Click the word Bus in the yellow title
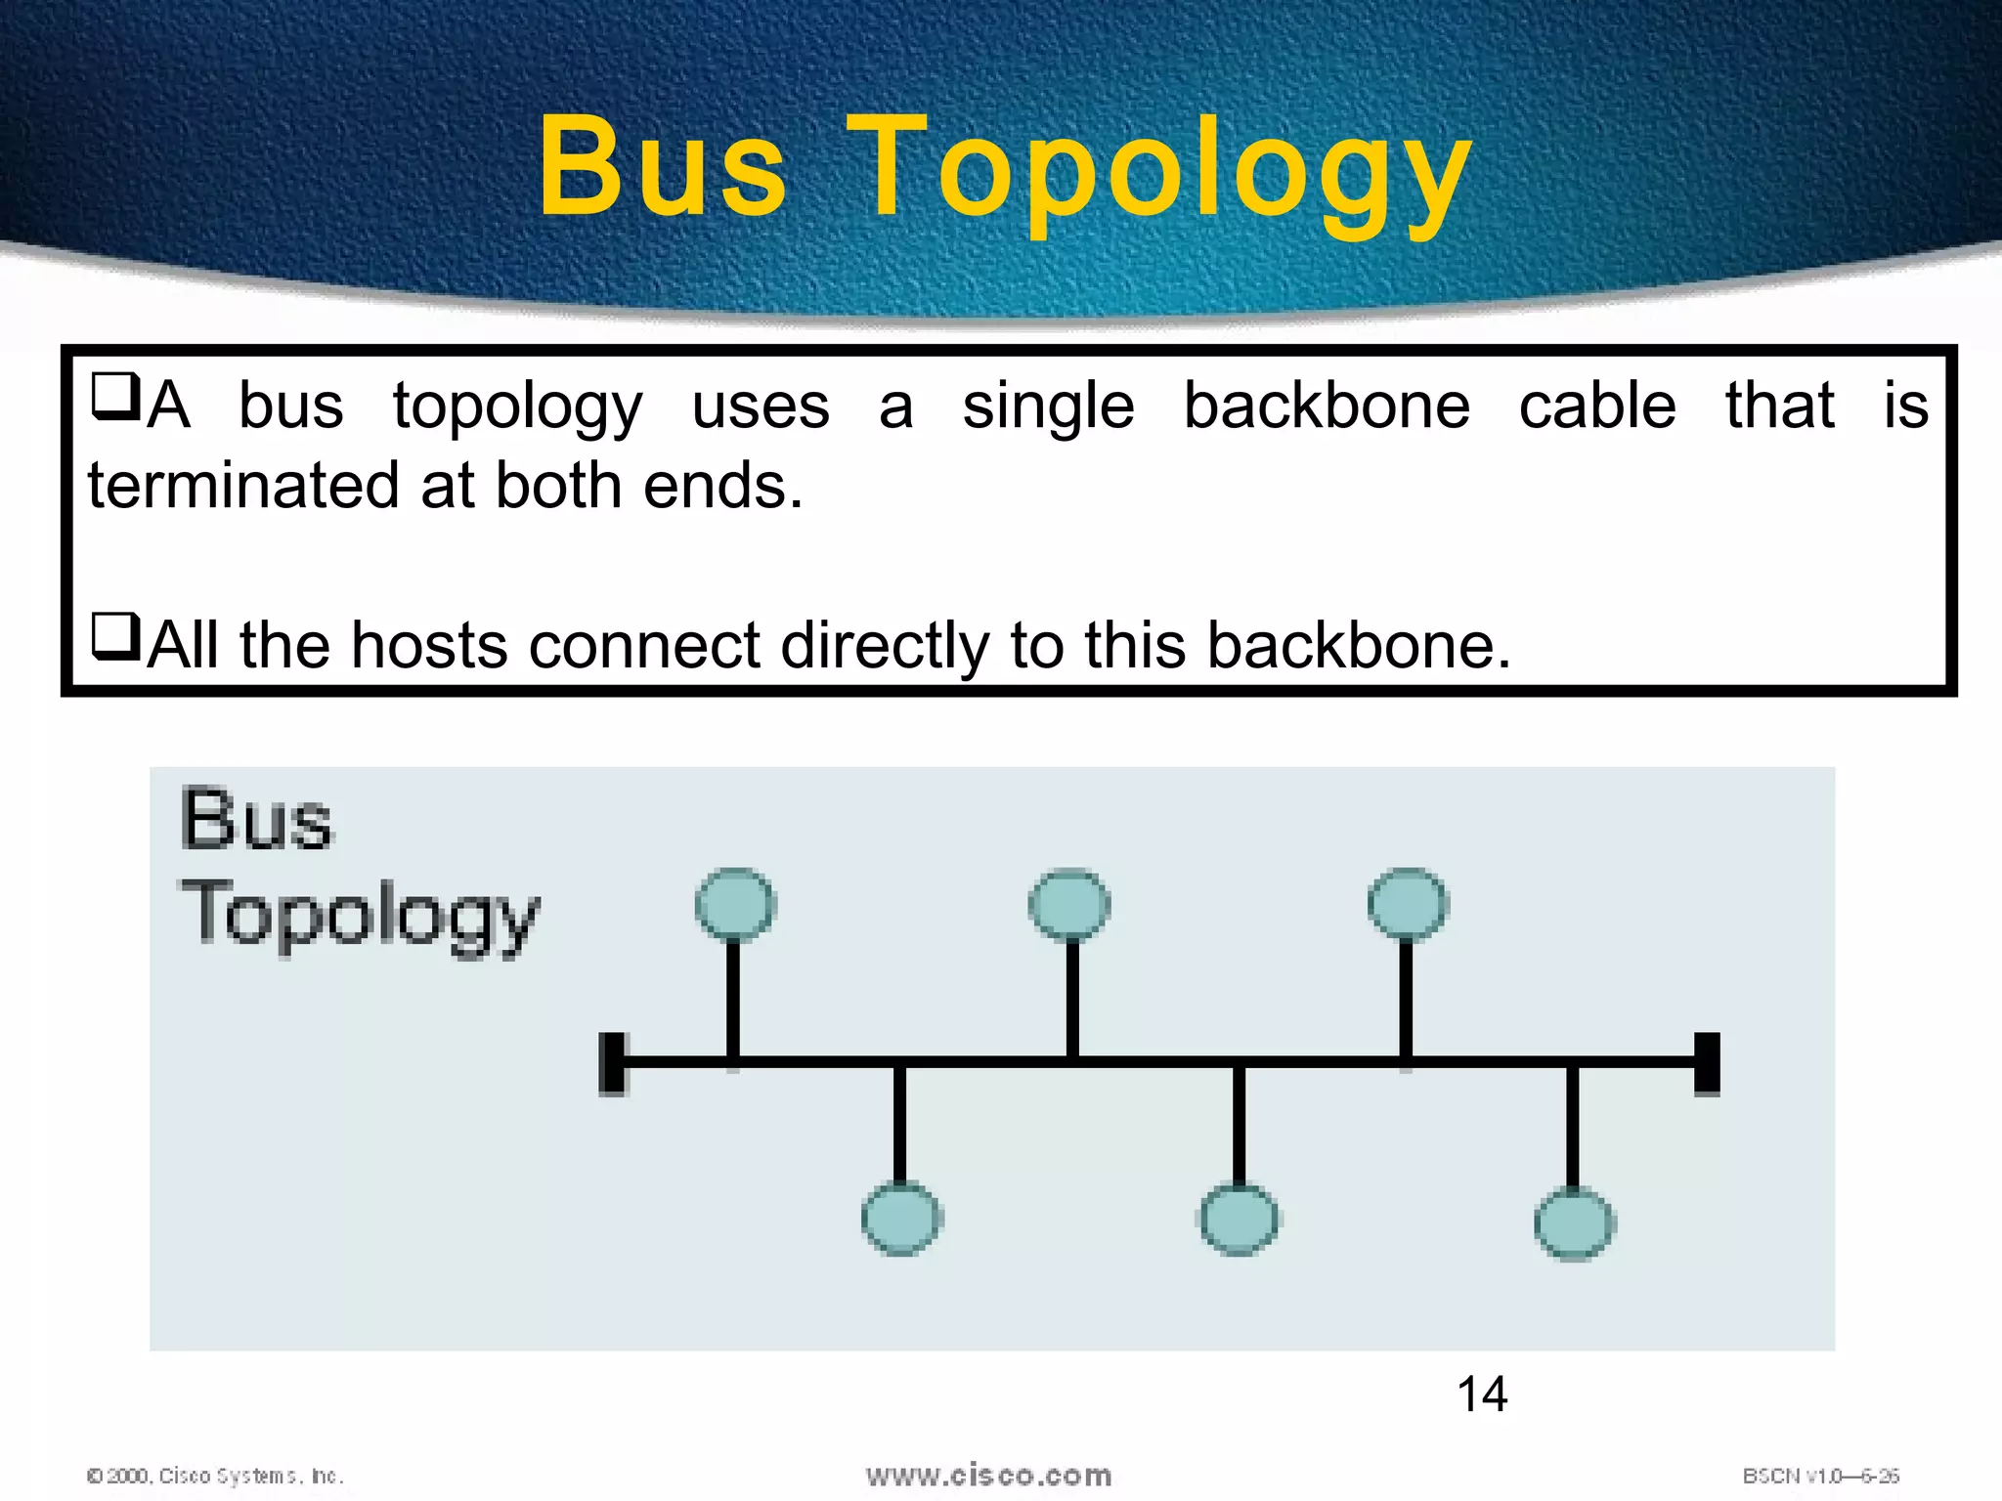(x=663, y=168)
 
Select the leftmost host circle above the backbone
(x=735, y=904)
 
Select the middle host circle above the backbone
(x=1070, y=904)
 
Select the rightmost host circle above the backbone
(x=1408, y=904)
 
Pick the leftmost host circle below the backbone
(x=901, y=1219)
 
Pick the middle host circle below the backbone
(x=1239, y=1219)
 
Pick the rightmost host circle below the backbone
(x=1574, y=1222)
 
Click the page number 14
(x=1482, y=1394)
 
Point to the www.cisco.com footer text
(x=988, y=1475)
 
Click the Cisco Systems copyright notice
(x=215, y=1476)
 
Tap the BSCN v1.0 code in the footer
(x=1820, y=1476)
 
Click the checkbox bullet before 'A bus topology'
(x=115, y=397)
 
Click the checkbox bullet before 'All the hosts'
(x=115, y=636)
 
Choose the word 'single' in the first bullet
(x=1048, y=407)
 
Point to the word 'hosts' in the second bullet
(x=429, y=646)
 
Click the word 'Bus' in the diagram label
(x=256, y=819)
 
